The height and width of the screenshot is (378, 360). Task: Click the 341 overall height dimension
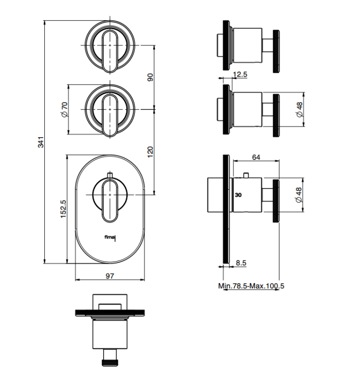41,142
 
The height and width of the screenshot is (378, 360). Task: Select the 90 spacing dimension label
150,78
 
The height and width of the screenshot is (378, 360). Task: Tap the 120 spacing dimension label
150,152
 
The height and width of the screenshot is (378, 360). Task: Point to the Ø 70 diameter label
64,110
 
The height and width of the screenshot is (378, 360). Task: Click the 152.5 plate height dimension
63,209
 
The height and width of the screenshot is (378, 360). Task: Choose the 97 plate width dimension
110,276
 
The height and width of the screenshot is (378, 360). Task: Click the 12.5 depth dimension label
240,74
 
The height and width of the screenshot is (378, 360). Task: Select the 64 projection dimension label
256,157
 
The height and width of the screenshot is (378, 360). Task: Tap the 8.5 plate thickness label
241,263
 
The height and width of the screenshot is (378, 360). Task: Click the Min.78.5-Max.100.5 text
251,286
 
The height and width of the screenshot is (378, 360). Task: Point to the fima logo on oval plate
110,238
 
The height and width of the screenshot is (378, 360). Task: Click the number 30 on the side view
238,195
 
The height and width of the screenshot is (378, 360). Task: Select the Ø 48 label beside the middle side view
300,110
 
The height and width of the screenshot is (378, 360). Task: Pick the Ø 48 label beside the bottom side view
298,195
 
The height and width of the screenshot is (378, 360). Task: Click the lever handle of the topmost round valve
110,51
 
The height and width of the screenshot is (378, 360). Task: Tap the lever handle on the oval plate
110,201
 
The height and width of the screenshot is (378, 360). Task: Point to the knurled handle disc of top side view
276,51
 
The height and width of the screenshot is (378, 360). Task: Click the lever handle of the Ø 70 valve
110,116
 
